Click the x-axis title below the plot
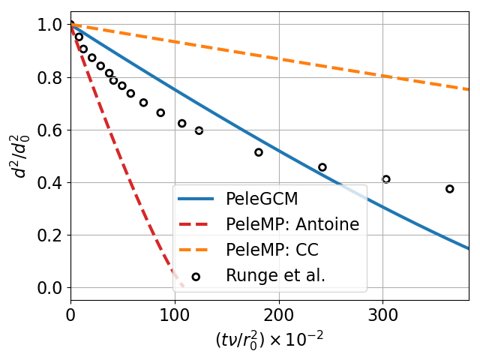269,339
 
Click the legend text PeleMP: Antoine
292,225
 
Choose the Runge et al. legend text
275,276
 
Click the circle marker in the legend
196,277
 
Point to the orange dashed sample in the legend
196,251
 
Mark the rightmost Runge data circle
449,189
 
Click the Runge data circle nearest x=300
386,179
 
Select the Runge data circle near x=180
259,152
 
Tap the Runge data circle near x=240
322,167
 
